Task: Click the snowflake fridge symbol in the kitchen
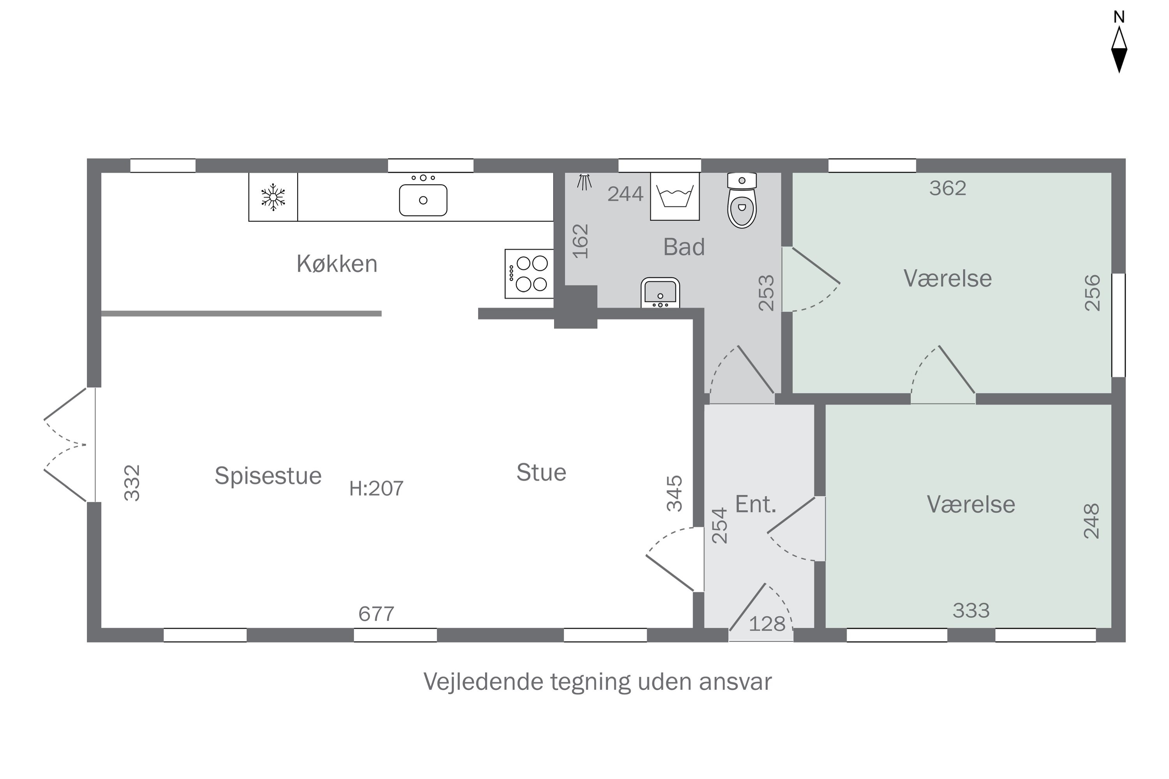(273, 197)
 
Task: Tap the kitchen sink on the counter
(423, 200)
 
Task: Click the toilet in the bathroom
(742, 201)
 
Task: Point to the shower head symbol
(584, 182)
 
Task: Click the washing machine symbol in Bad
(675, 197)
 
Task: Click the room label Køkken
(337, 264)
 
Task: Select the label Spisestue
(268, 476)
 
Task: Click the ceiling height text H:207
(376, 489)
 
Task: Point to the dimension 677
(376, 615)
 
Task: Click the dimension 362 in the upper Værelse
(947, 188)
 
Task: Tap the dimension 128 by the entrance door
(767, 624)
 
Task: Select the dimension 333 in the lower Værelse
(971, 611)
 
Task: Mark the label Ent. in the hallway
(756, 505)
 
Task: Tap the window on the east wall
(1118, 325)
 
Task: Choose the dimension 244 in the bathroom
(625, 194)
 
